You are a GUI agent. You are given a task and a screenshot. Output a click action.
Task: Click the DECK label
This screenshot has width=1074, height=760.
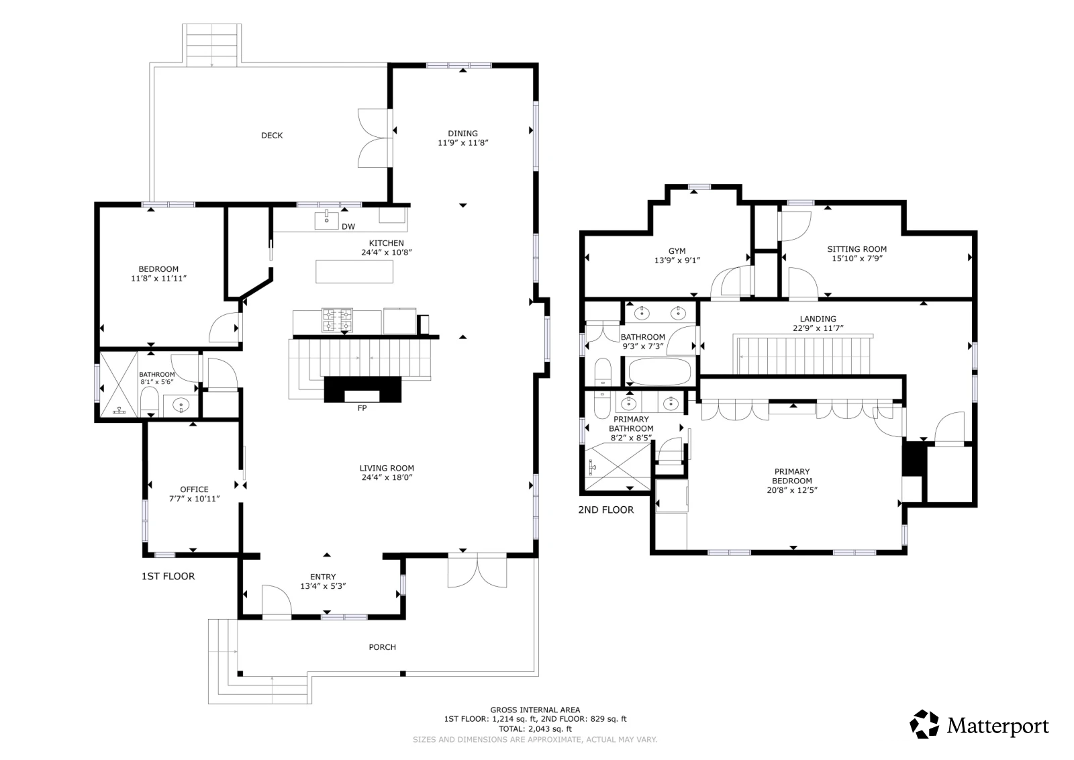[272, 136]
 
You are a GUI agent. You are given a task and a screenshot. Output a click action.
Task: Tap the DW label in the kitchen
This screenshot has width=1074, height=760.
[348, 227]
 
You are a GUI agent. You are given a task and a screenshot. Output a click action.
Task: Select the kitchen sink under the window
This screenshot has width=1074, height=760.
[326, 220]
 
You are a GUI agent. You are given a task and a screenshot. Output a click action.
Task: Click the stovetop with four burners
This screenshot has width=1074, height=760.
[338, 320]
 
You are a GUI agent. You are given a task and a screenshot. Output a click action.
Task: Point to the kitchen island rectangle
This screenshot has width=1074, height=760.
[354, 271]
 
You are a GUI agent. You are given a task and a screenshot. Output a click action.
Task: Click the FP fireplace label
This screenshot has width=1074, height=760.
[362, 408]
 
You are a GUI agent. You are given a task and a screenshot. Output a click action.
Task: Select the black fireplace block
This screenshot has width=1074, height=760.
[362, 389]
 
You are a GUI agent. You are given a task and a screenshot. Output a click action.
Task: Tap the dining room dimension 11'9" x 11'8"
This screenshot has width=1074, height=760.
[463, 143]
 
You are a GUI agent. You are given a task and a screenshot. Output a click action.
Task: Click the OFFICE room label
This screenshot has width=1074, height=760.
[194, 489]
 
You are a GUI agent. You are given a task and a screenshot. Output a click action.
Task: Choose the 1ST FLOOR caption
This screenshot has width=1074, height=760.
[168, 576]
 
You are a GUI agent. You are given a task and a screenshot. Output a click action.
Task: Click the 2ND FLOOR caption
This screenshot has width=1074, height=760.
[606, 510]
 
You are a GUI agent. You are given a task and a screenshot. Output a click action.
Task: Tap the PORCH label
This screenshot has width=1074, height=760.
[383, 647]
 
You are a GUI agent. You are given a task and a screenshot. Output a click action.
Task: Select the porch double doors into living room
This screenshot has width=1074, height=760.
[477, 571]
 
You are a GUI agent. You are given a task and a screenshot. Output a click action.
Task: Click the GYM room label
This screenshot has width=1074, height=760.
[677, 251]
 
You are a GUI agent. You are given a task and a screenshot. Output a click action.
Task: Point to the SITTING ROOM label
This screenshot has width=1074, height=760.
[857, 249]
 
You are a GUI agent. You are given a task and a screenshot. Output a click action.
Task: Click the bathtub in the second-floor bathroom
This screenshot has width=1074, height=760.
[659, 371]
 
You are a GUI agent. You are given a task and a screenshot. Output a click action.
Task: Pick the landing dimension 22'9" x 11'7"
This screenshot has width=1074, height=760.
[818, 328]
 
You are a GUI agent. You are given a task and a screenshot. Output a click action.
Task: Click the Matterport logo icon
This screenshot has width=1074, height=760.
[924, 724]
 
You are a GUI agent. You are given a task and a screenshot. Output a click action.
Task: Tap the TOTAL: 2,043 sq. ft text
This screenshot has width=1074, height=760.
[535, 728]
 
